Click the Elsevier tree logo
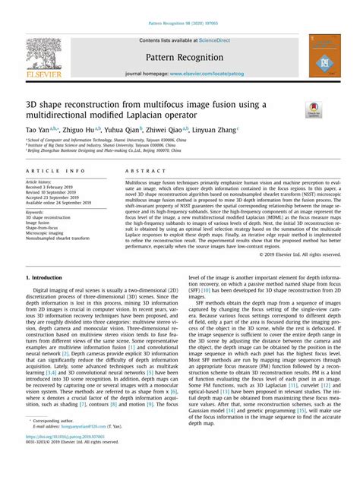(48, 52)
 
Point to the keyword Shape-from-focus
(43, 228)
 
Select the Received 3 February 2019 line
(49, 188)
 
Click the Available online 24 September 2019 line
(58, 204)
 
